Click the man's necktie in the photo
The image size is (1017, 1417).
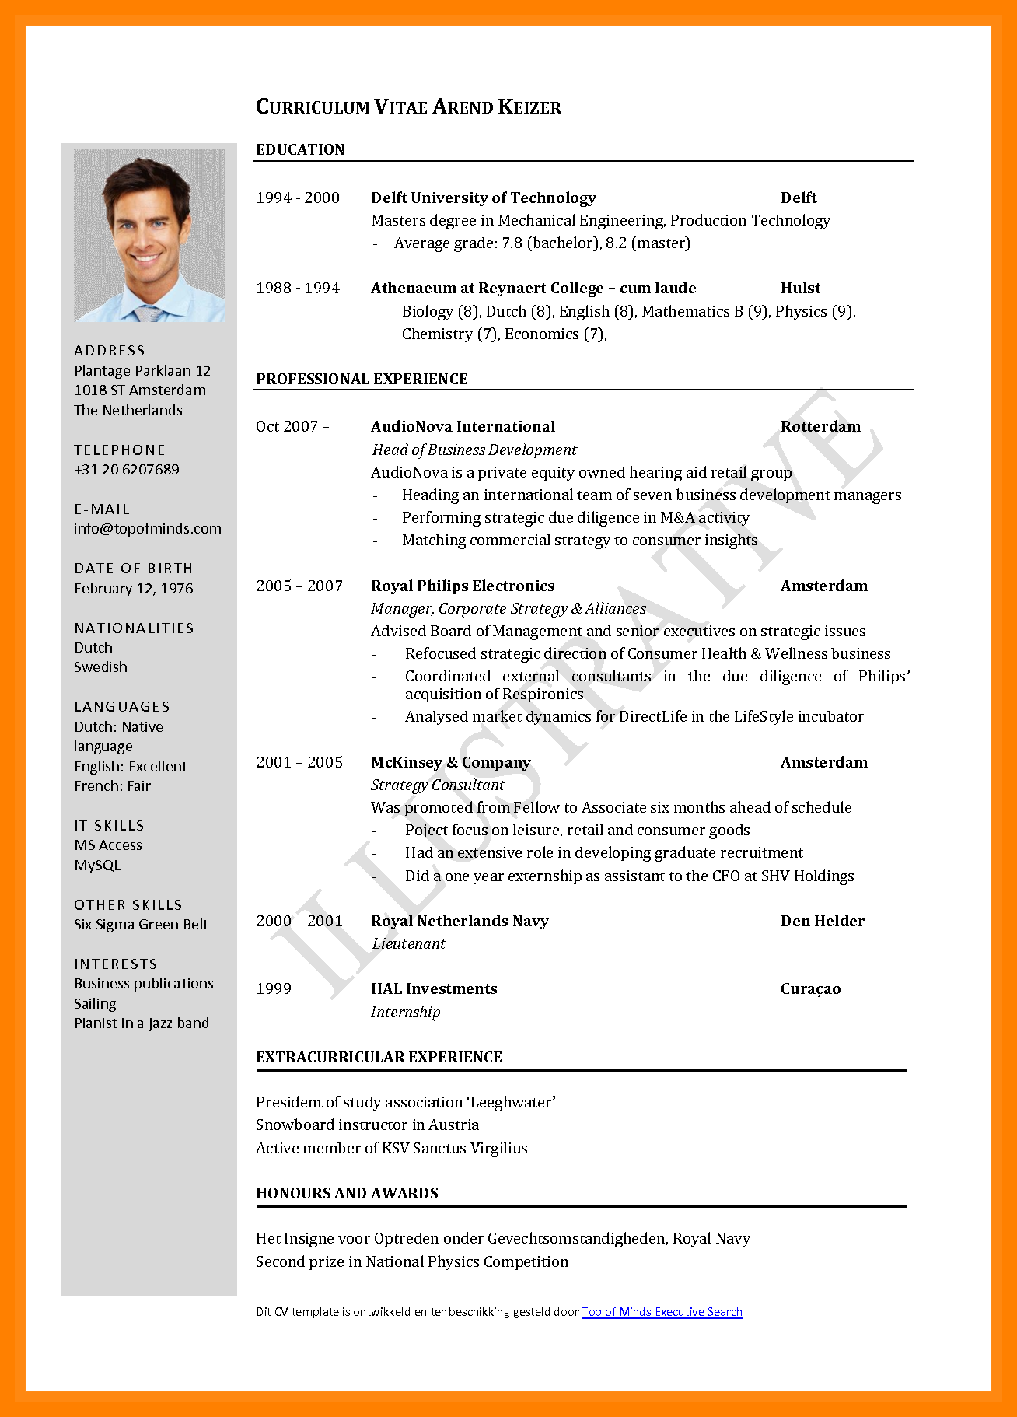[x=149, y=313]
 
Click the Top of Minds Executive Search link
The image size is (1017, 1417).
[x=662, y=1312]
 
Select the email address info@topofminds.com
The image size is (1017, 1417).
[x=148, y=529]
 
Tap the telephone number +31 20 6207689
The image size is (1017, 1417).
[x=127, y=470]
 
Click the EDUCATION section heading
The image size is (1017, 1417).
[x=300, y=149]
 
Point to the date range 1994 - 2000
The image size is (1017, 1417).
[x=298, y=198]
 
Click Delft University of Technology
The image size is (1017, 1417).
[x=483, y=198]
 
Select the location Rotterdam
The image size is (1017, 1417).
[x=820, y=426]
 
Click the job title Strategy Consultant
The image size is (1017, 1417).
[x=438, y=785]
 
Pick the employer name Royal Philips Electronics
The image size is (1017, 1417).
[x=463, y=586]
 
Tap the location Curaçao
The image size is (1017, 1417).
[x=810, y=988]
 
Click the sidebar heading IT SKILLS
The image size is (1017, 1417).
[x=109, y=826]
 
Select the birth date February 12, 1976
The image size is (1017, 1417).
[x=134, y=589]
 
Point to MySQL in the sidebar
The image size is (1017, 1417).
[x=97, y=866]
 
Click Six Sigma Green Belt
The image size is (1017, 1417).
[x=141, y=925]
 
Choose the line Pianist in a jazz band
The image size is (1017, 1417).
[x=142, y=1023]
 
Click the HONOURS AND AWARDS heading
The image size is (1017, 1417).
[x=347, y=1193]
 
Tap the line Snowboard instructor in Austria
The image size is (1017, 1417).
[x=367, y=1125]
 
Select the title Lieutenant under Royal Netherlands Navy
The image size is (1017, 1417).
[x=409, y=943]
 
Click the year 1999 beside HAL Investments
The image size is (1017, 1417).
[x=274, y=988]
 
